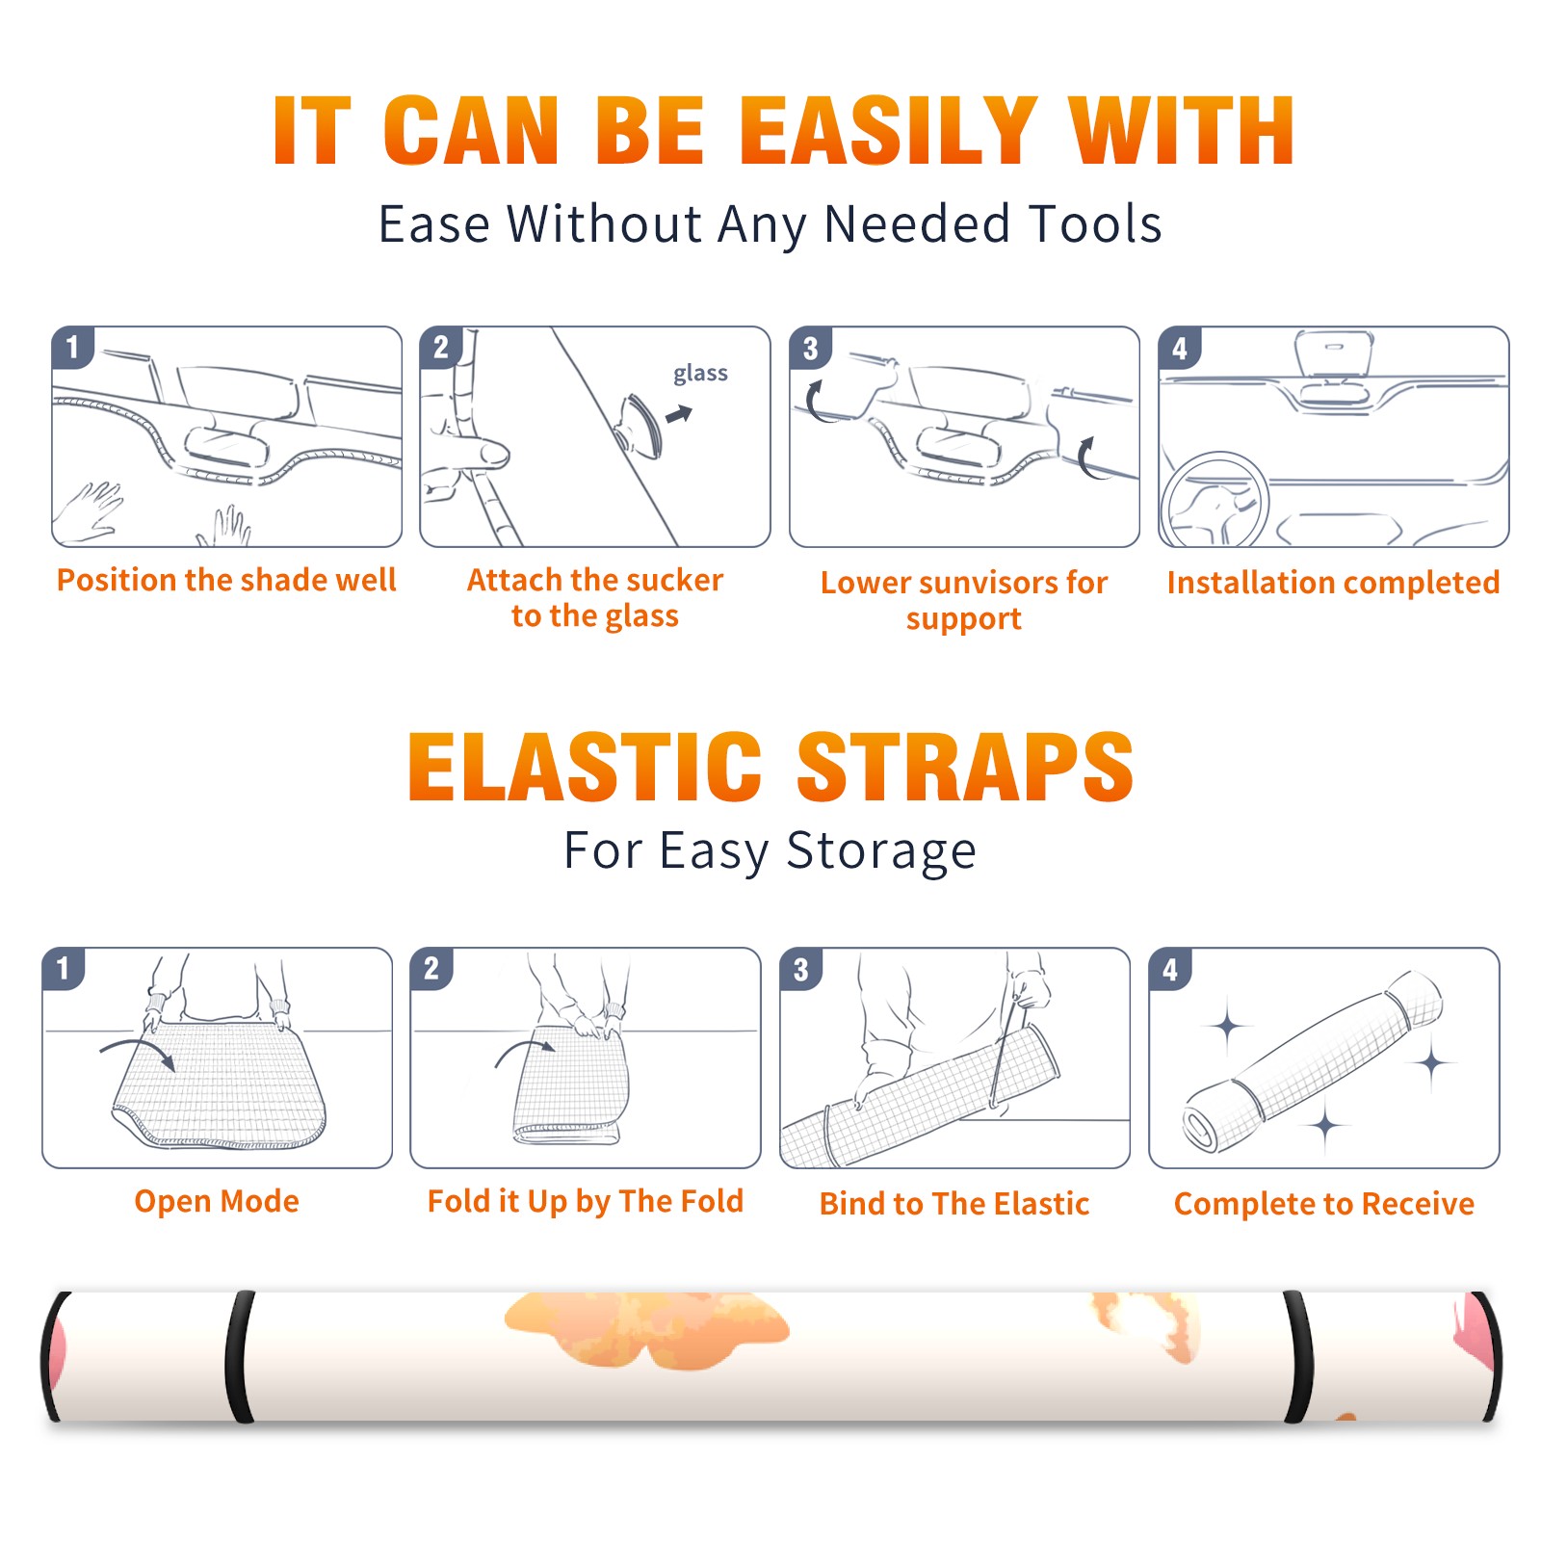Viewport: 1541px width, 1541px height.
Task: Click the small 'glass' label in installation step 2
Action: (700, 374)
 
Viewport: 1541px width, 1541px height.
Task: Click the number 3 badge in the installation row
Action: (810, 348)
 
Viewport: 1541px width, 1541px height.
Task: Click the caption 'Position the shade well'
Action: (226, 580)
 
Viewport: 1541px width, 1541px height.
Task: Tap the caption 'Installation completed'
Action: (1333, 582)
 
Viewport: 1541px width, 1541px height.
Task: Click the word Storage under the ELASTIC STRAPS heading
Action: (881, 851)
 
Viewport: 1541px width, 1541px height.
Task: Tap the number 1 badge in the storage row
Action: (63, 968)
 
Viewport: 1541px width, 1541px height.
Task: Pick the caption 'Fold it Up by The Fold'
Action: (586, 1201)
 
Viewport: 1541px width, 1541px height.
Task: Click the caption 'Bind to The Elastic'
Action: (954, 1204)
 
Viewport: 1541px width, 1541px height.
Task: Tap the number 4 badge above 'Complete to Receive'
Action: (1170, 968)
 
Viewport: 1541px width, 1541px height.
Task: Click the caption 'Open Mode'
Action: (217, 1201)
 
